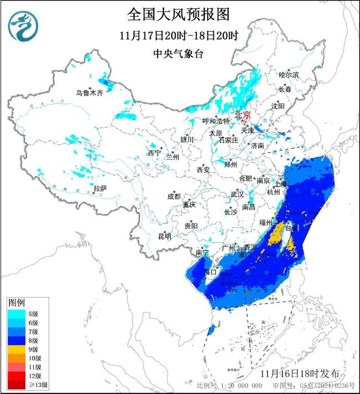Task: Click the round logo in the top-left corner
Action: point(22,26)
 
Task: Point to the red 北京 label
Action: point(243,115)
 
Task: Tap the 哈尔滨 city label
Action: point(288,74)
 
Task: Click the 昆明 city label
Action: point(164,237)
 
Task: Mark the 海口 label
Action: point(209,272)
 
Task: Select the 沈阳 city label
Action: point(278,105)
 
